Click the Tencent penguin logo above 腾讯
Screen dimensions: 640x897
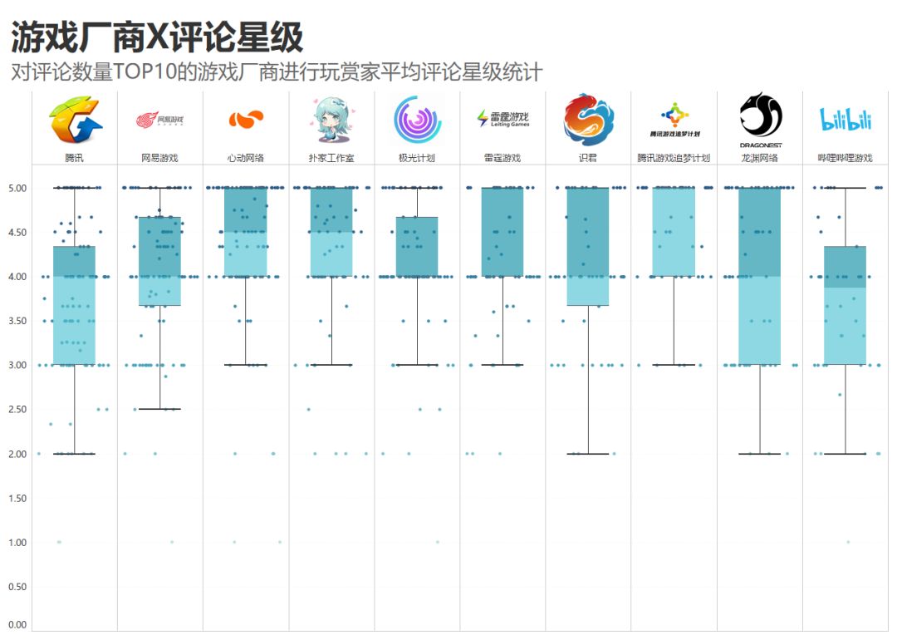(x=75, y=121)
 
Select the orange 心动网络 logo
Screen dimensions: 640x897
(x=246, y=120)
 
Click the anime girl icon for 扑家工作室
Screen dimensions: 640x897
(x=331, y=121)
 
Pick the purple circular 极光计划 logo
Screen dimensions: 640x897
(x=417, y=120)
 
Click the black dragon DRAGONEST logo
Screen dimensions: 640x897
(x=760, y=116)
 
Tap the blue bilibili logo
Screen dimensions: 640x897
(x=846, y=120)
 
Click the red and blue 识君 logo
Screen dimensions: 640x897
(x=589, y=120)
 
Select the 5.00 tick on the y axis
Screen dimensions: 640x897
(x=17, y=188)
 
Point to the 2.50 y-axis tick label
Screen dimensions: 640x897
(x=17, y=410)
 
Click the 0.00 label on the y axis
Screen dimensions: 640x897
(x=17, y=625)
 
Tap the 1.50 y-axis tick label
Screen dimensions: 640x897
(x=17, y=499)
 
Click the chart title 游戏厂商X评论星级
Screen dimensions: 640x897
(x=157, y=37)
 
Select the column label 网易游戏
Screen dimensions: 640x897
(x=160, y=158)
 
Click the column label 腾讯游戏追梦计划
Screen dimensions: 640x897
(x=674, y=158)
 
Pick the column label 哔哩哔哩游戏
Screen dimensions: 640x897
(x=846, y=158)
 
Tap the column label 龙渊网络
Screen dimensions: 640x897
(x=760, y=158)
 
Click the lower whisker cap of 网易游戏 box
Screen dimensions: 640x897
(x=160, y=409)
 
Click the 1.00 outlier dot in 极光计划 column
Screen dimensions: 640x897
(x=438, y=542)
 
